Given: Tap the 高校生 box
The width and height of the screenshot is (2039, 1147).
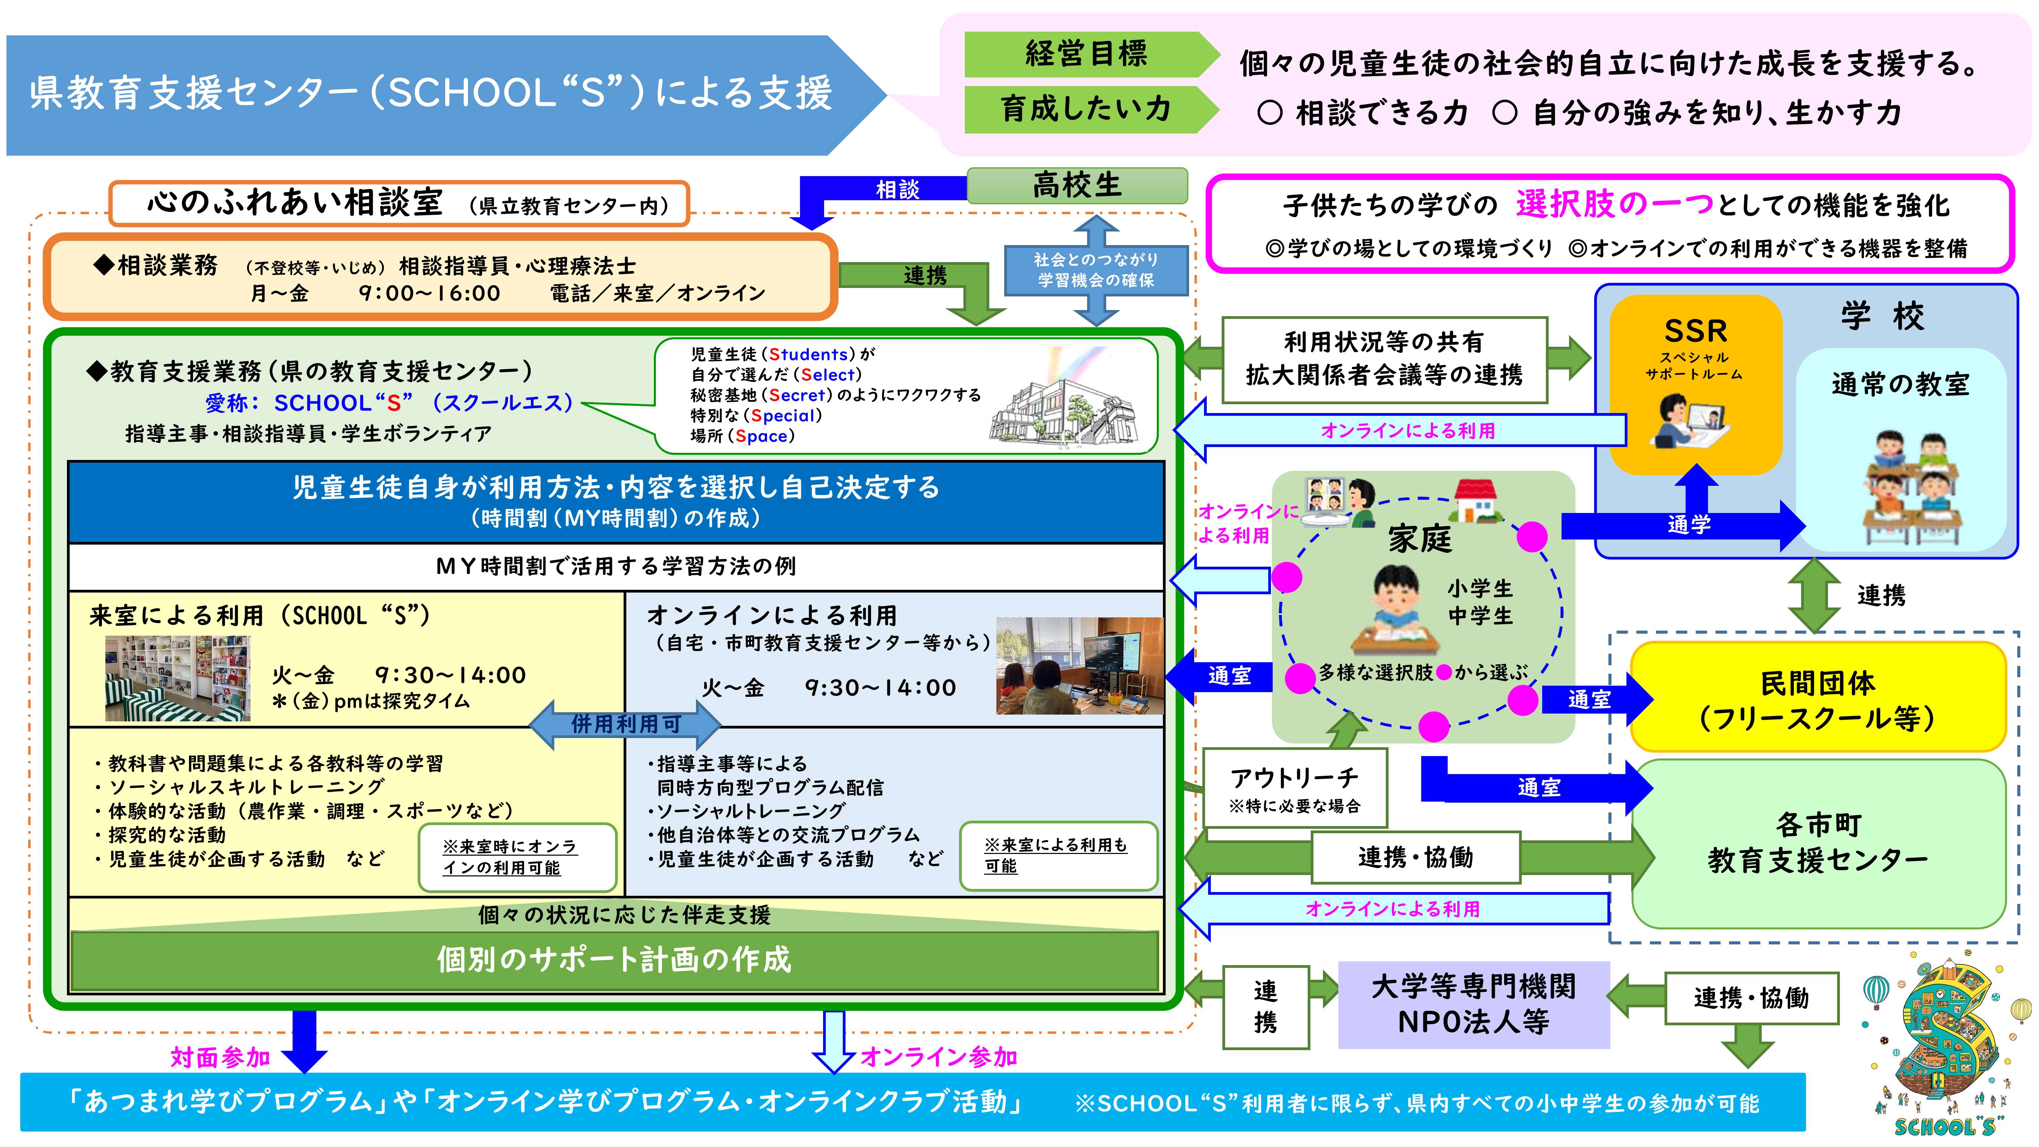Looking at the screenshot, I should [x=1077, y=185].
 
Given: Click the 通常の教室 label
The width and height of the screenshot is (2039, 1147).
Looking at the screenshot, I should [x=1900, y=385].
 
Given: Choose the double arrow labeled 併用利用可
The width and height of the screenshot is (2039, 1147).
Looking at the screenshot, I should [x=625, y=723].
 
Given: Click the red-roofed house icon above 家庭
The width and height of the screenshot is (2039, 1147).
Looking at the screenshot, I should [x=1475, y=500].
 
